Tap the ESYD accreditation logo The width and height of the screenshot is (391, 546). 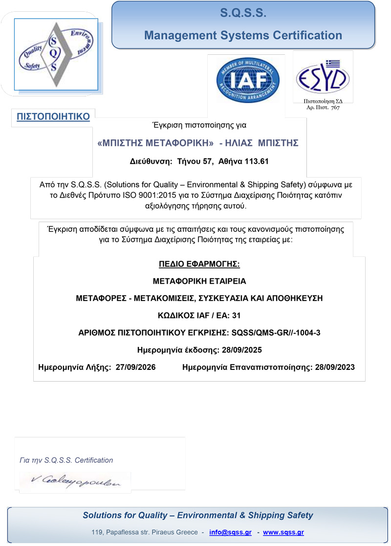click(323, 77)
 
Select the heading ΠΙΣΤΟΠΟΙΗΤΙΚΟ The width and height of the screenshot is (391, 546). click(53, 116)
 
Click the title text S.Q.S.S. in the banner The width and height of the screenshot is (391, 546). click(243, 14)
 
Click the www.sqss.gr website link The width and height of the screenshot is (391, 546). click(283, 532)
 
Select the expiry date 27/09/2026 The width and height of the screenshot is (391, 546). click(136, 367)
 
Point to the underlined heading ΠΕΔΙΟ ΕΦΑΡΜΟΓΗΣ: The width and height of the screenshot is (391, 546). click(199, 265)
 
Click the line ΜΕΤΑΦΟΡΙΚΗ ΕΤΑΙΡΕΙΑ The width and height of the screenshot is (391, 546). click(199, 282)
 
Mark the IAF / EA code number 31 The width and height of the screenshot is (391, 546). click(236, 316)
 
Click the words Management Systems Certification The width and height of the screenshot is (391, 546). click(243, 35)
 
